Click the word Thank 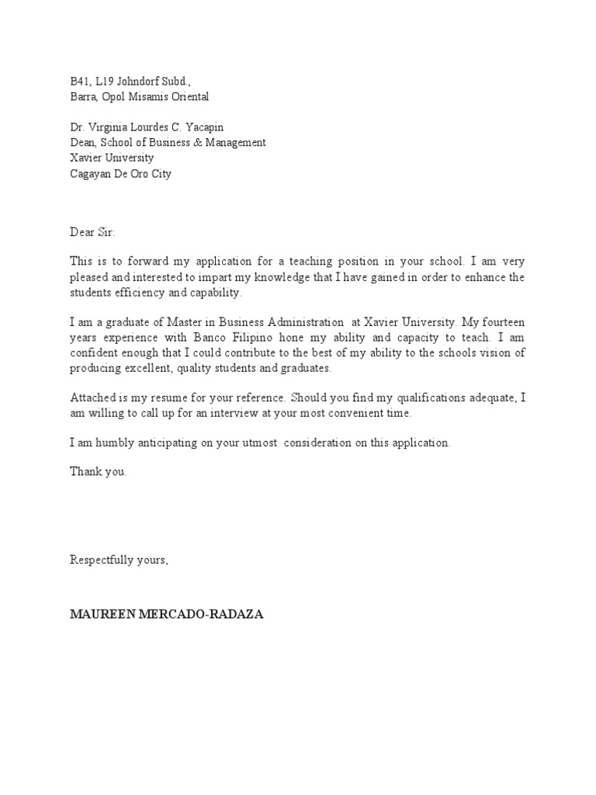coord(85,471)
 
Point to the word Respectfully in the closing coord(102,560)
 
